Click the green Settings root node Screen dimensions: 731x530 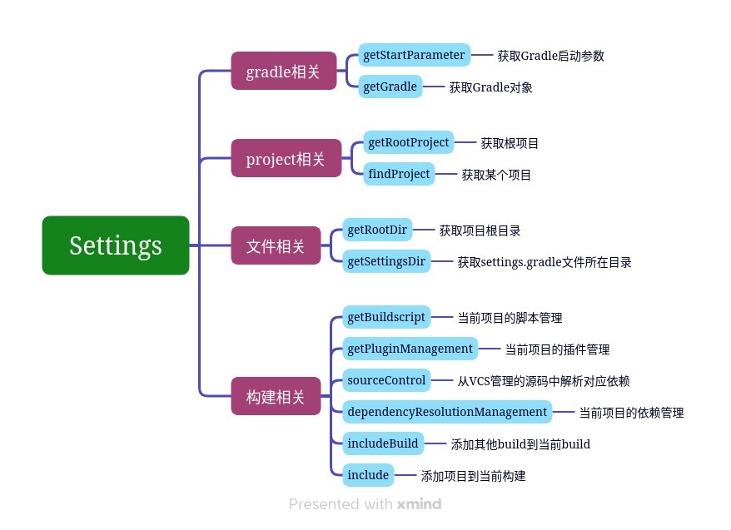click(x=116, y=245)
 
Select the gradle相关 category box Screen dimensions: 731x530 click(x=283, y=71)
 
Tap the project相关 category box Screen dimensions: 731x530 click(x=286, y=158)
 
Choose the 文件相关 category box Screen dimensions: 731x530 click(x=276, y=245)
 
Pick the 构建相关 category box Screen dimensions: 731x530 click(x=276, y=396)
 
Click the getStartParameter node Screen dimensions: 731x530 click(x=414, y=55)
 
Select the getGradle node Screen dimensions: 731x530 click(x=390, y=87)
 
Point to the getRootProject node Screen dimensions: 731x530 click(x=409, y=142)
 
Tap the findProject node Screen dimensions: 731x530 click(x=399, y=174)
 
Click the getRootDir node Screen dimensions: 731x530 click(x=377, y=230)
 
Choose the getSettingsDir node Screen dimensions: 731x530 click(x=386, y=261)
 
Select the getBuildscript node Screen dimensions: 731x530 click(x=386, y=317)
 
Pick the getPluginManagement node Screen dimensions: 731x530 click(x=410, y=349)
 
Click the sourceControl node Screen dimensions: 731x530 click(x=386, y=380)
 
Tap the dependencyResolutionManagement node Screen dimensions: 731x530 click(x=447, y=412)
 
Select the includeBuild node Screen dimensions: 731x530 click(x=383, y=443)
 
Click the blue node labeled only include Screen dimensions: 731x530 click(x=368, y=475)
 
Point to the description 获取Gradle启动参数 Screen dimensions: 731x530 click(x=550, y=56)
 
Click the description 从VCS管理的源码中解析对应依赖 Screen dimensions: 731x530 click(x=544, y=381)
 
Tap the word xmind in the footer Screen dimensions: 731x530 click(x=419, y=504)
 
